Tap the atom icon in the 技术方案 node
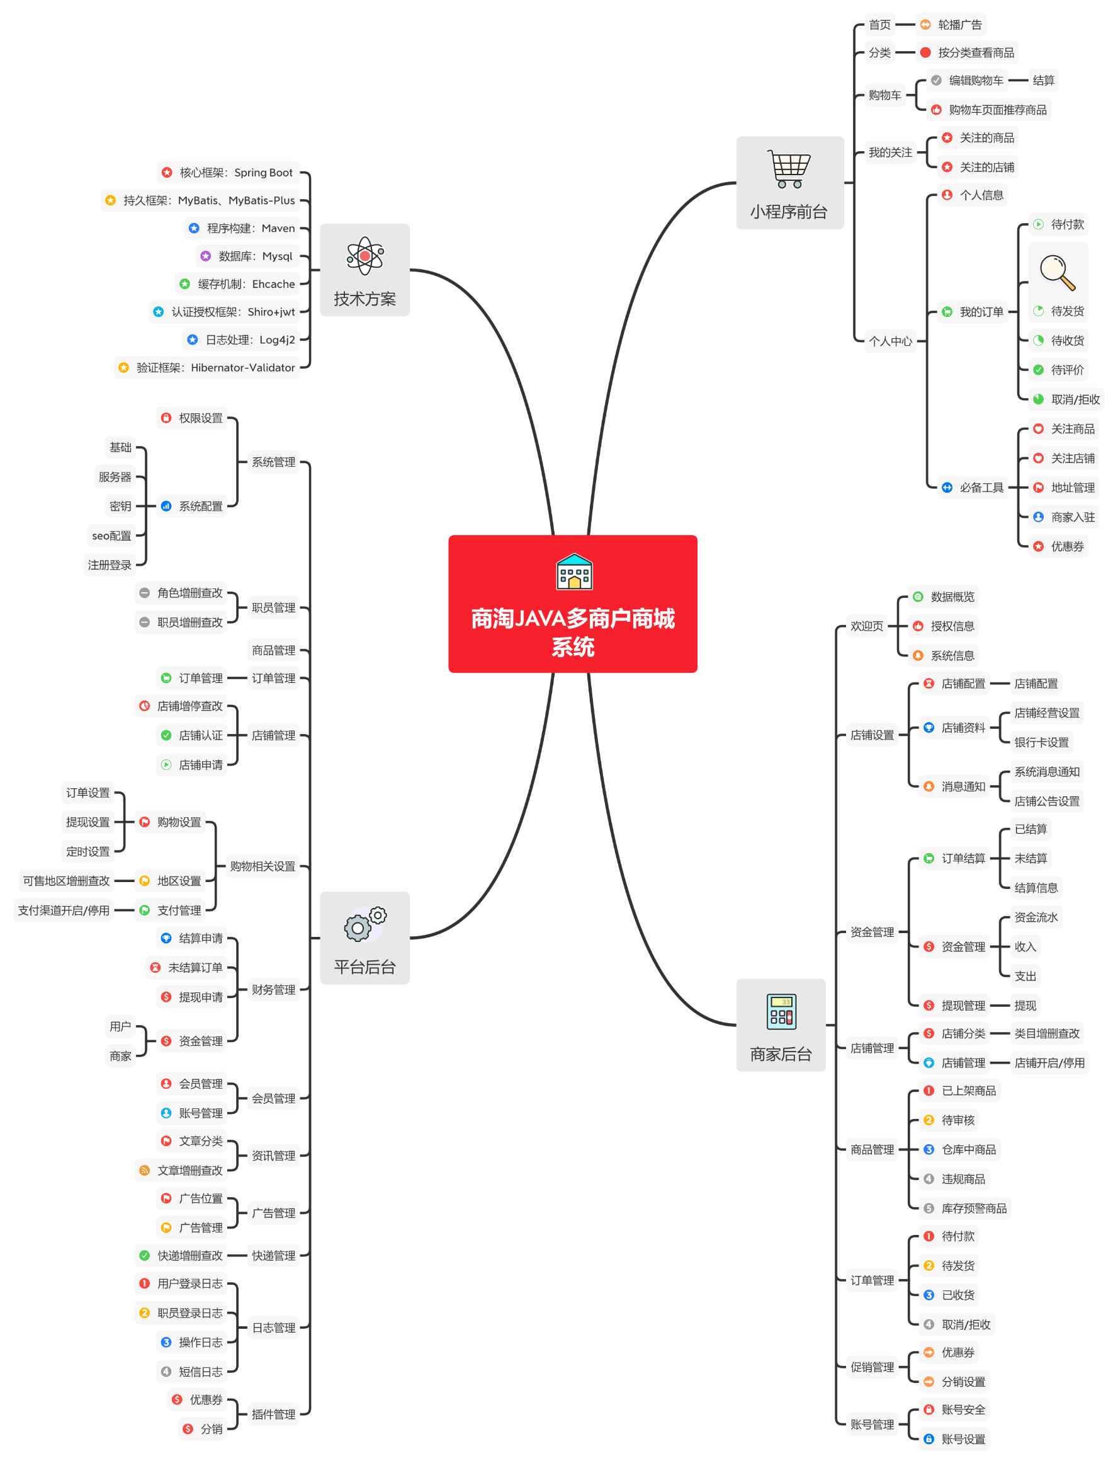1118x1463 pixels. pyautogui.click(x=364, y=256)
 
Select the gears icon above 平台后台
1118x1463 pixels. pyautogui.click(x=364, y=924)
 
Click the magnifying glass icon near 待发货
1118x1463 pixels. pyautogui.click(x=1058, y=272)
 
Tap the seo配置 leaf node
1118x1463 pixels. pyautogui.click(x=111, y=536)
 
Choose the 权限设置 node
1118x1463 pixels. pyautogui.click(x=200, y=418)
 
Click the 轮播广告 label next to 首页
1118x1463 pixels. pyautogui.click(x=959, y=25)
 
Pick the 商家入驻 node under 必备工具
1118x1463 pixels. pyautogui.click(x=1072, y=517)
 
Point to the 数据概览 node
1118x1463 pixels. pyautogui.click(x=952, y=597)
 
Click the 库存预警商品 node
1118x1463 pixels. pyautogui.click(x=974, y=1208)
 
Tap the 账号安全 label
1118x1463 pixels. pyautogui.click(x=963, y=1409)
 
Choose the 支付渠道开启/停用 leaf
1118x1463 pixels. pyautogui.click(x=64, y=910)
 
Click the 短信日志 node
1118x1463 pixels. pyautogui.click(x=200, y=1371)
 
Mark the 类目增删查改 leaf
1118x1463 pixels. pyautogui.click(x=1047, y=1033)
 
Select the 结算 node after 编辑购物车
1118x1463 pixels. pyautogui.click(x=1043, y=81)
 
